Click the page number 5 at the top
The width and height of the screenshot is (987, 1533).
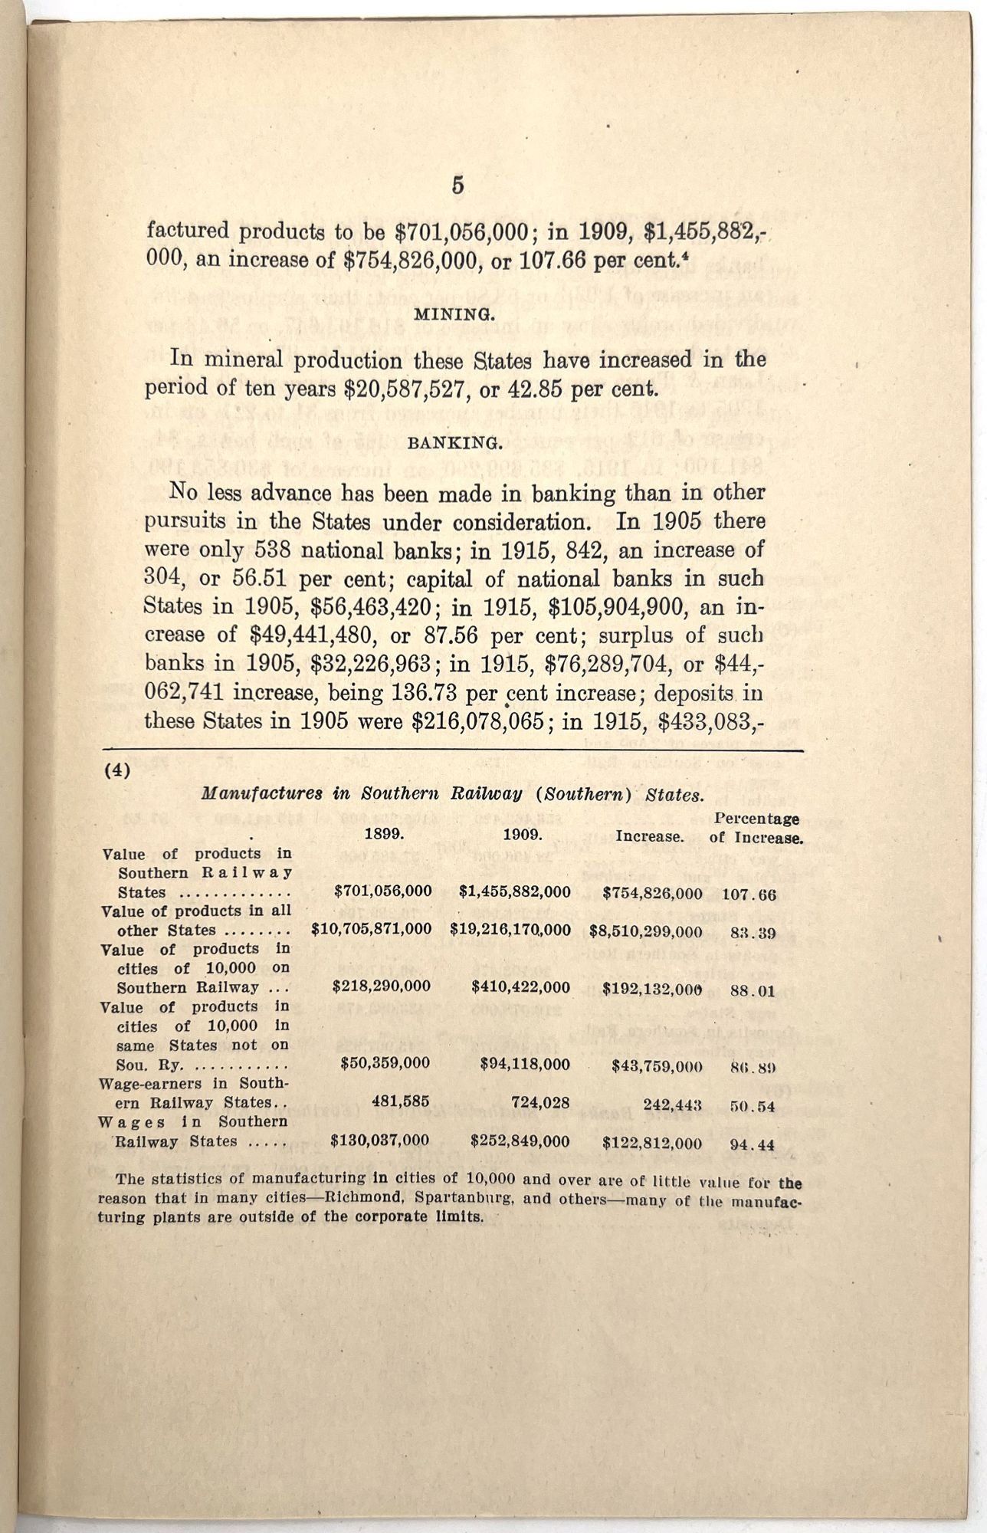pos(457,186)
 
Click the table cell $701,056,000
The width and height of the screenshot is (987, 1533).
pos(383,891)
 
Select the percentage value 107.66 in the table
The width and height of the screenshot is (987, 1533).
pos(749,894)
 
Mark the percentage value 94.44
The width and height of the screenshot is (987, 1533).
pos(753,1144)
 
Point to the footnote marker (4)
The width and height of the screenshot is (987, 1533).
pos(117,770)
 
